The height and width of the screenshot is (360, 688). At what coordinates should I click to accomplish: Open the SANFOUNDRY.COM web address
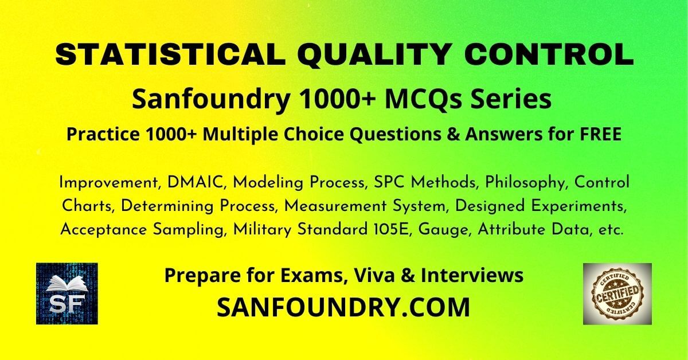pos(343,307)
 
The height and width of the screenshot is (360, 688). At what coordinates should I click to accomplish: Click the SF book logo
pos(67,294)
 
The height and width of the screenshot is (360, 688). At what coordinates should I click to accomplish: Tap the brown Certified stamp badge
pos(617,294)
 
